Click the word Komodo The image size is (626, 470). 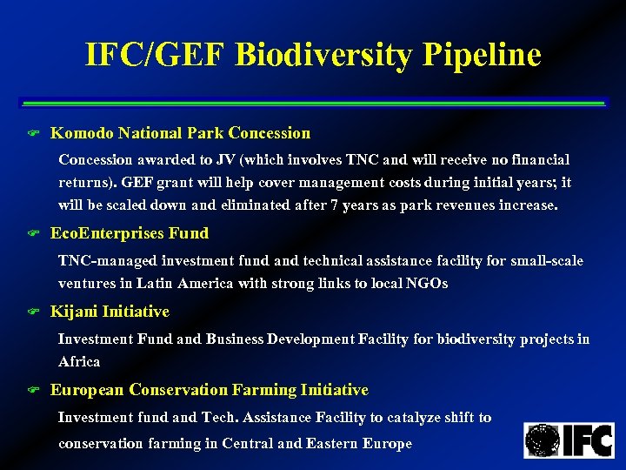(x=82, y=133)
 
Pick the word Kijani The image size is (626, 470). (x=74, y=312)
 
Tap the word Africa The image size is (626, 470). (x=79, y=361)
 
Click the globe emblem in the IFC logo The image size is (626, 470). (x=543, y=440)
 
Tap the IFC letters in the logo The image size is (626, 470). (x=589, y=440)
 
